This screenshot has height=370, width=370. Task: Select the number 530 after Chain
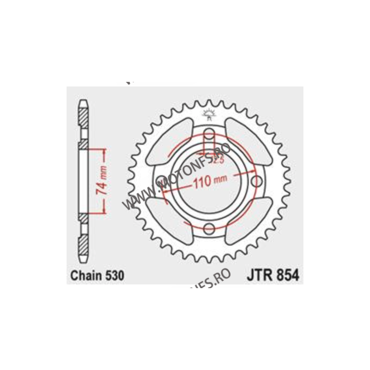pos(114,276)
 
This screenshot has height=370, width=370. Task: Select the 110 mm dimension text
pos(206,182)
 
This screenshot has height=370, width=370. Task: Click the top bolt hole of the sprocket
pos(209,135)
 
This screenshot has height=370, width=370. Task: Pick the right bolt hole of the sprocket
pos(255,181)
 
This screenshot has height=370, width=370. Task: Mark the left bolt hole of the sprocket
pos(162,181)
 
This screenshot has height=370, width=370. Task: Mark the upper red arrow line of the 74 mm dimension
pos(96,149)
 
